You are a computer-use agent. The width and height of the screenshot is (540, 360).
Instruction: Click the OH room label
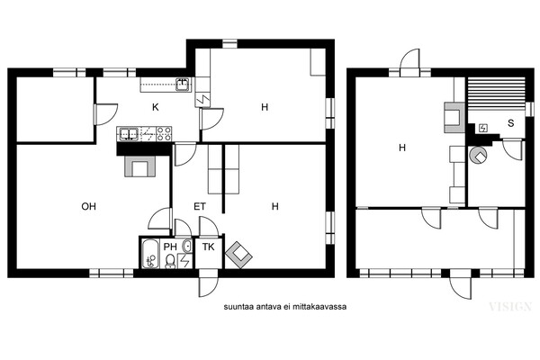88,206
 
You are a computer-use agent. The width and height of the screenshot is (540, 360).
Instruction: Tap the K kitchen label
156,107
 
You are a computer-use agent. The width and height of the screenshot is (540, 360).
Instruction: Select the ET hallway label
200,206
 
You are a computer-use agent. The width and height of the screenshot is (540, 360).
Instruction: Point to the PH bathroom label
170,247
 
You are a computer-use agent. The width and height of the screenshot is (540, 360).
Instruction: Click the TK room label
209,247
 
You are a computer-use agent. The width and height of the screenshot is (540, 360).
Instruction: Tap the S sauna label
510,123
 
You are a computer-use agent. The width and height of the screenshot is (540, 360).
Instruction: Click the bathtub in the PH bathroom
150,254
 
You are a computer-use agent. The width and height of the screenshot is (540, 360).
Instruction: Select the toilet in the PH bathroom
170,261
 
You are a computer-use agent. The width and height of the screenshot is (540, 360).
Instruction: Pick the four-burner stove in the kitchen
164,134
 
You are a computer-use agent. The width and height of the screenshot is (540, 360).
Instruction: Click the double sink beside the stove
129,134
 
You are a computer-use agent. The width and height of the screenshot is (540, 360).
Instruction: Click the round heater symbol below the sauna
479,155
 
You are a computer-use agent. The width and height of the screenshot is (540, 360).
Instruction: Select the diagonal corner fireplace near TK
238,255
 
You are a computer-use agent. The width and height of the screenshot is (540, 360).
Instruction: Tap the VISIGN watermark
510,307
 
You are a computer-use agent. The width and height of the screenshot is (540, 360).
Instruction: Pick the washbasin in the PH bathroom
187,246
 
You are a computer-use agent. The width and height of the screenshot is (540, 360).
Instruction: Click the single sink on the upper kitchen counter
183,84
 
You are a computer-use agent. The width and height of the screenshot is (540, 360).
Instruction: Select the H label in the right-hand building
402,148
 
